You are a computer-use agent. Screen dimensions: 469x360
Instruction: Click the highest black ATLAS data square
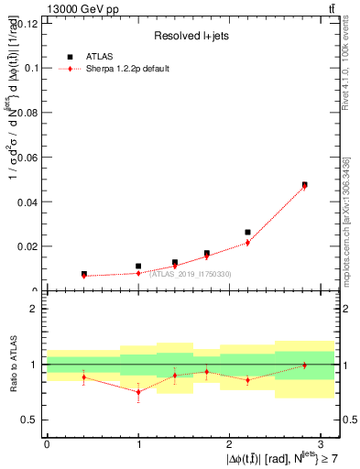click(x=305, y=184)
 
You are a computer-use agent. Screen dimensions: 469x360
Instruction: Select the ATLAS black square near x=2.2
click(x=248, y=233)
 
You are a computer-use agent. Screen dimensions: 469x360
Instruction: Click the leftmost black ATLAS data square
click(x=83, y=274)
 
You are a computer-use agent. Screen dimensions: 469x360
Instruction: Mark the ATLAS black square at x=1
click(x=138, y=267)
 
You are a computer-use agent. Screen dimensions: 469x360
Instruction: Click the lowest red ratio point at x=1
click(x=138, y=392)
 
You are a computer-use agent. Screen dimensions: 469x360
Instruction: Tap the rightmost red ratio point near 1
click(x=305, y=365)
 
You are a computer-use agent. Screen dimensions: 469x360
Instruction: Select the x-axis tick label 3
click(x=322, y=443)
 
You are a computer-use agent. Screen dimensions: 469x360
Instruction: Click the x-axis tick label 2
click(x=230, y=443)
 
